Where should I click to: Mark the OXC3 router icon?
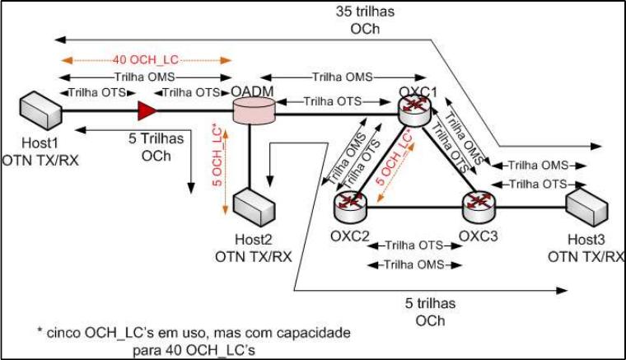point(476,203)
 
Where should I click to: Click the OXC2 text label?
point(350,234)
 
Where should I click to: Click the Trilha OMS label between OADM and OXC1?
point(342,76)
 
